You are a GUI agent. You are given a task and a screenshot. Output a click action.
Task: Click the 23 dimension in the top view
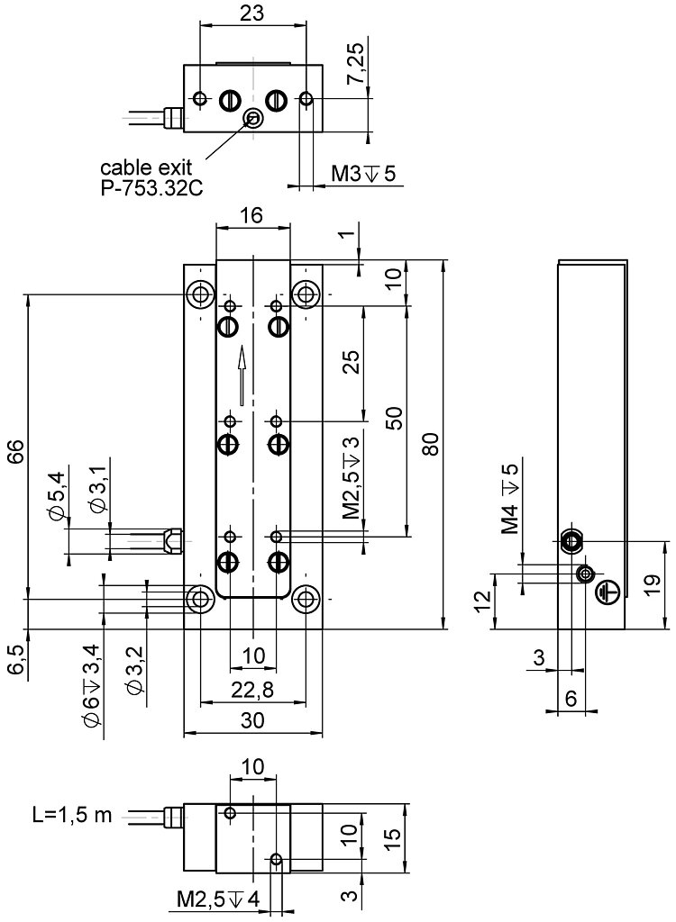[x=253, y=13]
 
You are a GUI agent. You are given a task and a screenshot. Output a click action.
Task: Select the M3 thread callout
[x=363, y=174]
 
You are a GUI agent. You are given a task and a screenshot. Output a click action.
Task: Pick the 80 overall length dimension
[x=430, y=444]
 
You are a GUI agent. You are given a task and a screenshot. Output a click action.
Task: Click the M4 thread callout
[x=511, y=498]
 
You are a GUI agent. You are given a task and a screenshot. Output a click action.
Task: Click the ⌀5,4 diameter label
[x=58, y=496]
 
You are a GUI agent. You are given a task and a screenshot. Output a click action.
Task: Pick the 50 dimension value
[x=394, y=419]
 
